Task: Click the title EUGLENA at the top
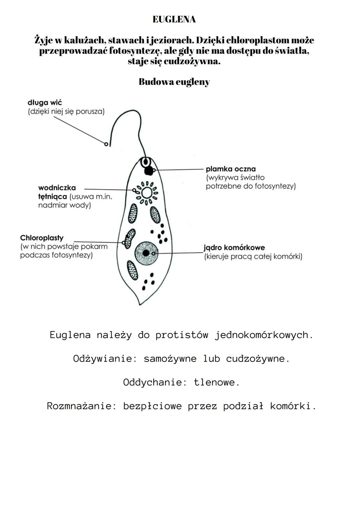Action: pyautogui.click(x=174, y=20)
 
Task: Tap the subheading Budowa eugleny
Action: pyautogui.click(x=174, y=82)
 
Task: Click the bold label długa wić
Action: pyautogui.click(x=45, y=103)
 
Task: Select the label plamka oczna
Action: pyautogui.click(x=231, y=169)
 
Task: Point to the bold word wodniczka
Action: pyautogui.click(x=57, y=188)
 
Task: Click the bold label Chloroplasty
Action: pyautogui.click(x=42, y=238)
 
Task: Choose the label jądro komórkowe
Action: pyautogui.click(x=234, y=248)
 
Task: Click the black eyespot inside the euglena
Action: pyautogui.click(x=148, y=171)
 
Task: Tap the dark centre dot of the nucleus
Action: pyautogui.click(x=146, y=253)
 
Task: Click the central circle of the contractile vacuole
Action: pyautogui.click(x=146, y=193)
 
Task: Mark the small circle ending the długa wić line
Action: pyautogui.click(x=106, y=144)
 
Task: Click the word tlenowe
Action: pyautogui.click(x=217, y=382)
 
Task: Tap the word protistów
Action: pyautogui.click(x=182, y=335)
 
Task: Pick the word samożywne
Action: pyautogui.click(x=170, y=359)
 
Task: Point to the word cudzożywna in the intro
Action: pyautogui.click(x=192, y=62)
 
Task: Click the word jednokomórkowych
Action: pyautogui.click(x=264, y=335)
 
